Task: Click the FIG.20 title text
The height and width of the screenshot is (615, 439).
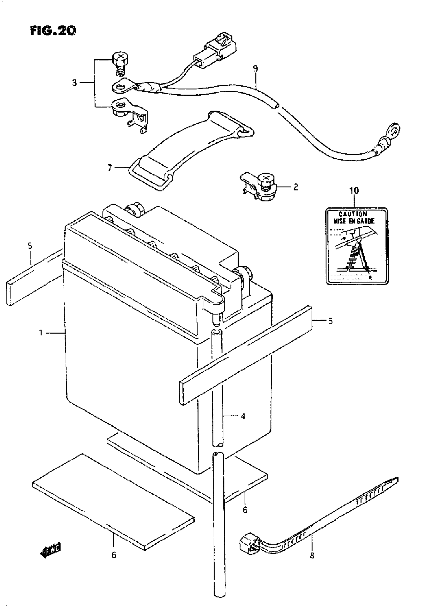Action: click(53, 30)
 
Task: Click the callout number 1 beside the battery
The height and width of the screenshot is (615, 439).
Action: click(41, 333)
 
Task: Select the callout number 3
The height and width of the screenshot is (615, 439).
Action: click(75, 82)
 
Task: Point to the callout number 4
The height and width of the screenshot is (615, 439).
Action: click(243, 417)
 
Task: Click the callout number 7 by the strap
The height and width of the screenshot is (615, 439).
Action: click(109, 168)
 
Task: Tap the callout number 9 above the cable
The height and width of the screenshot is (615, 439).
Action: click(255, 69)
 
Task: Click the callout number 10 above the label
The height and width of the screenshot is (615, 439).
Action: click(354, 191)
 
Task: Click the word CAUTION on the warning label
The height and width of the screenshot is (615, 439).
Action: click(353, 214)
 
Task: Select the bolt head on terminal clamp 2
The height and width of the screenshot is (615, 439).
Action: click(266, 179)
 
